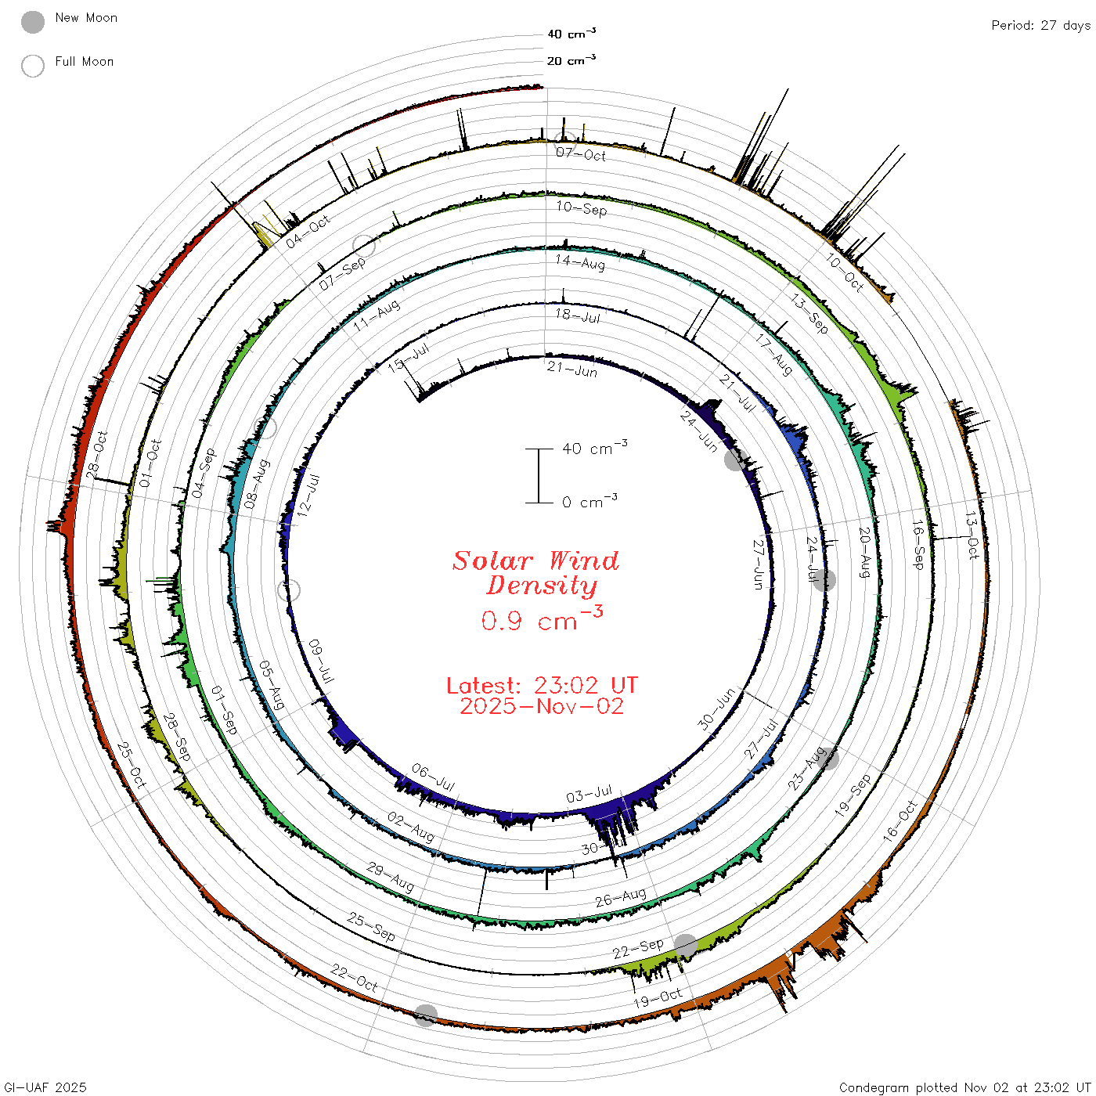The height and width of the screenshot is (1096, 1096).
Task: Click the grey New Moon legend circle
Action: point(32,22)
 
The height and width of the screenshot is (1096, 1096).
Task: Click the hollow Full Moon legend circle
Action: point(32,66)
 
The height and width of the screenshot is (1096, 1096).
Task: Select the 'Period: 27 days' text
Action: point(1040,26)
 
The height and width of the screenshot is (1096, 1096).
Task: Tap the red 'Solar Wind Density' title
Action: point(535,573)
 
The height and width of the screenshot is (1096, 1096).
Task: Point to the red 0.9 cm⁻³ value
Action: point(542,618)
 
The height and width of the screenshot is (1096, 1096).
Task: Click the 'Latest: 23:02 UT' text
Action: point(542,685)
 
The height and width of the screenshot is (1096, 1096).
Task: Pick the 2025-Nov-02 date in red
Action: point(542,706)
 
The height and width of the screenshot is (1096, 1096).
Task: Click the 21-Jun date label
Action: point(572,370)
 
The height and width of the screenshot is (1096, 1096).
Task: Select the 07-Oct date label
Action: point(581,154)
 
